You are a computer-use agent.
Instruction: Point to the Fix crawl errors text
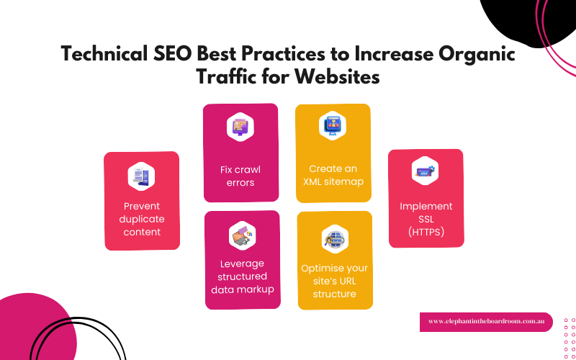(240, 176)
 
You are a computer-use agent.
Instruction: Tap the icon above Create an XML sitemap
(333, 125)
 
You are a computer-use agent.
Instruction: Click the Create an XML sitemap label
(333, 175)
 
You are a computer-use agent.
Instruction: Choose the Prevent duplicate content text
(141, 219)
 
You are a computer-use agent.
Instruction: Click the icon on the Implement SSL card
(426, 171)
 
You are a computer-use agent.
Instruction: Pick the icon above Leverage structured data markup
(242, 235)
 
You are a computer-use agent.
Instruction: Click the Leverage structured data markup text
(242, 276)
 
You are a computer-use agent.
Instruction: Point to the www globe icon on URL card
(335, 239)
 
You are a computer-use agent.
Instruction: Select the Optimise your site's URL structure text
(334, 281)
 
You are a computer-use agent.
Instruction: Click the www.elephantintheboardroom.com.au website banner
(485, 321)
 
